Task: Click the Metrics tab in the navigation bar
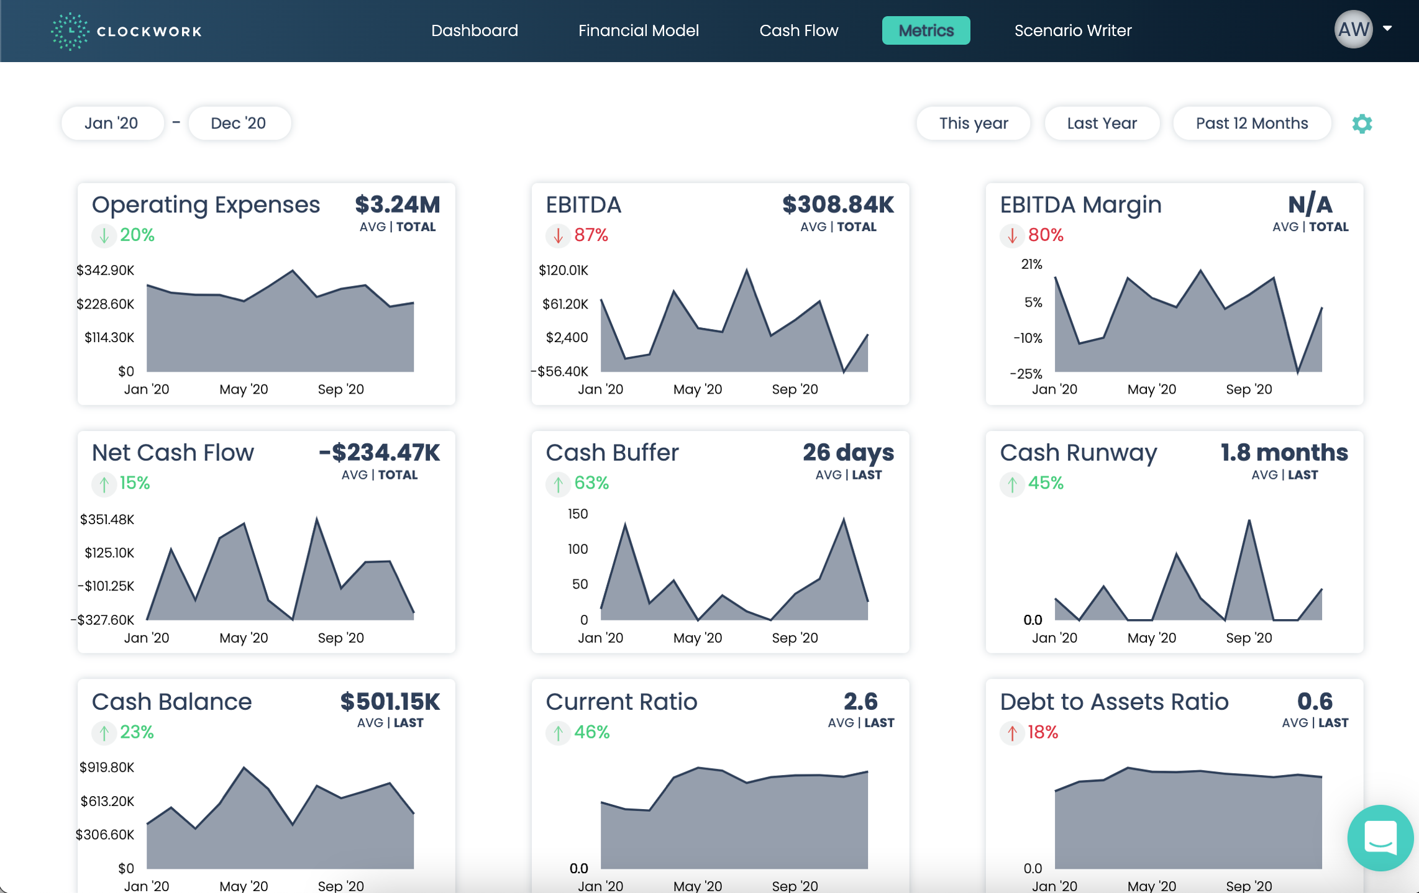tap(926, 30)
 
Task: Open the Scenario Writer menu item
tap(1072, 30)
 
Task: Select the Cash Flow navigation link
tap(798, 30)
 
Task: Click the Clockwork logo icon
tap(70, 31)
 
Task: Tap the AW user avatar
tap(1353, 29)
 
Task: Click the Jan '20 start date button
tap(112, 123)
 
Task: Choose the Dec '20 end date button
tap(239, 123)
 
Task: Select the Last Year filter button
tap(1102, 123)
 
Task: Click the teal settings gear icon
tap(1362, 124)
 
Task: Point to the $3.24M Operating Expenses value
tap(397, 204)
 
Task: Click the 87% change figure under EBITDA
tap(591, 235)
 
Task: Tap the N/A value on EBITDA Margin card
tap(1310, 204)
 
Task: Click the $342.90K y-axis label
tap(105, 270)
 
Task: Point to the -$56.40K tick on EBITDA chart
tap(560, 371)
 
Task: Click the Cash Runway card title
tap(1078, 453)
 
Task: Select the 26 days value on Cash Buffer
tap(848, 453)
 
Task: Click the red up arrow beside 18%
tap(1012, 733)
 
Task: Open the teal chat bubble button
tap(1380, 838)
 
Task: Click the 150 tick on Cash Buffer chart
tap(577, 514)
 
